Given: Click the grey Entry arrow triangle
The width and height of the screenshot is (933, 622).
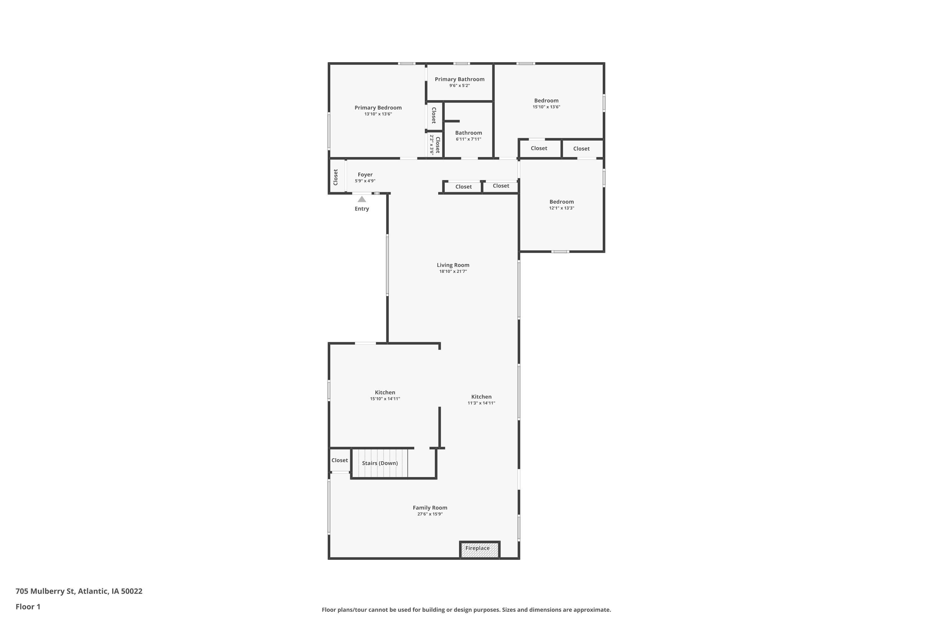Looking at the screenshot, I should pyautogui.click(x=362, y=199).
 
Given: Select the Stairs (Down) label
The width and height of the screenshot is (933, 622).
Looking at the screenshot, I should pyautogui.click(x=380, y=463).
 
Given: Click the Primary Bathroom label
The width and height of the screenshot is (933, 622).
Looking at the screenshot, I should pyautogui.click(x=459, y=79).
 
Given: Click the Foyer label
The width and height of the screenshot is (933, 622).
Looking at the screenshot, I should pyautogui.click(x=365, y=174).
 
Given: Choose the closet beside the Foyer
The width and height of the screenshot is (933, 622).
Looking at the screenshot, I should pyautogui.click(x=336, y=177).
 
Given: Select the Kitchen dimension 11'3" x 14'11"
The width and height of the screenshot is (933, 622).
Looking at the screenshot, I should pyautogui.click(x=481, y=403).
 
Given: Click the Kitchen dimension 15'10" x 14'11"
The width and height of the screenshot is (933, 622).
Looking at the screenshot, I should pyautogui.click(x=385, y=399).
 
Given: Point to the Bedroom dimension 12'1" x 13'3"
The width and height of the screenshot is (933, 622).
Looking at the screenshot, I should pyautogui.click(x=561, y=208).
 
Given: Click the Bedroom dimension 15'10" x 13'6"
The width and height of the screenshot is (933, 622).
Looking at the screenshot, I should pyautogui.click(x=546, y=107).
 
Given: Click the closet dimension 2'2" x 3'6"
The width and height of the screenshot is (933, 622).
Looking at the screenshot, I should pyautogui.click(x=432, y=145).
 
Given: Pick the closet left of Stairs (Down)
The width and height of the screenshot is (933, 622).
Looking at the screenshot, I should pyautogui.click(x=340, y=460).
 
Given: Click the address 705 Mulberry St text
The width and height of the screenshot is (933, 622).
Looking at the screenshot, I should pyautogui.click(x=79, y=591).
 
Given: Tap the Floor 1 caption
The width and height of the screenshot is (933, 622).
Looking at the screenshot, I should pyautogui.click(x=28, y=606).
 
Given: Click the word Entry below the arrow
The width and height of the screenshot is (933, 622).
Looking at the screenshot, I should pyautogui.click(x=361, y=209).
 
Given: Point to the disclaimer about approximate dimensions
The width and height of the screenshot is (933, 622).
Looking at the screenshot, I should pyautogui.click(x=466, y=610).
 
